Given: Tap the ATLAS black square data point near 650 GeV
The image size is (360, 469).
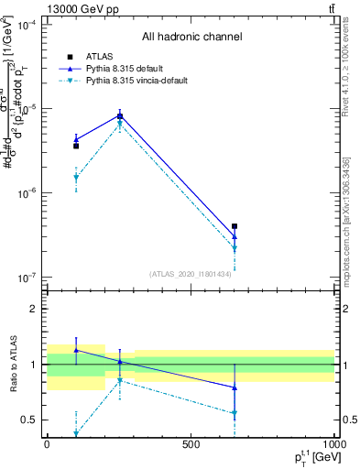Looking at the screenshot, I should [235, 226].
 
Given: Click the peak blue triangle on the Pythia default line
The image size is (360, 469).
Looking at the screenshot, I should [120, 115].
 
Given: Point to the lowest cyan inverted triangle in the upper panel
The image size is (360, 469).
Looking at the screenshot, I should [235, 248].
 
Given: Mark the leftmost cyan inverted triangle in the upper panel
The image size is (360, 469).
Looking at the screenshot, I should [76, 178].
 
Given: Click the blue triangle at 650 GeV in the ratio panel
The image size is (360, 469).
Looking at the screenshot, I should [235, 387].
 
